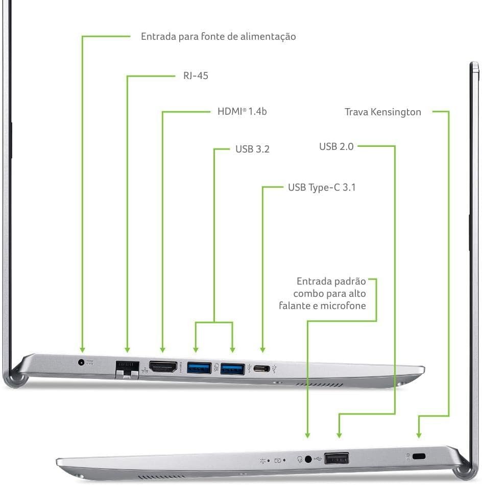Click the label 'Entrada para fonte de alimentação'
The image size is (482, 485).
(218, 37)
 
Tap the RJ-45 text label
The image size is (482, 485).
(196, 76)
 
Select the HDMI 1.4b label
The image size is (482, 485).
(242, 111)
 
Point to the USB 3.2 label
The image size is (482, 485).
(252, 149)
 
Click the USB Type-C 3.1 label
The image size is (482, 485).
(322, 187)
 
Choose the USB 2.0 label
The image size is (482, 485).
(336, 147)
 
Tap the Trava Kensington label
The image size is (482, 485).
(383, 112)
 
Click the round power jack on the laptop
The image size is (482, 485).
(81, 362)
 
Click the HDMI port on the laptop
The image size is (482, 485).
(163, 366)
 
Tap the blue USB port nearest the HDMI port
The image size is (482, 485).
(199, 367)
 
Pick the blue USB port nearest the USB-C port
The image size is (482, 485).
(232, 367)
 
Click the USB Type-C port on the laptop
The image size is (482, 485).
(262, 368)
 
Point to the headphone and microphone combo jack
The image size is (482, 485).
(308, 459)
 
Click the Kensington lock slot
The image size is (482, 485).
(420, 456)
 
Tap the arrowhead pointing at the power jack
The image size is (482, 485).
(82, 349)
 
